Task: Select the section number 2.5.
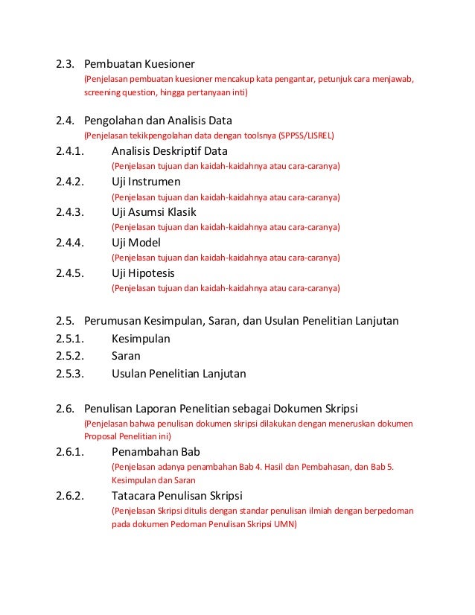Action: click(x=65, y=321)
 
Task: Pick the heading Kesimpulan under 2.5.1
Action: click(x=141, y=339)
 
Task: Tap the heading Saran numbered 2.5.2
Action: click(x=126, y=356)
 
